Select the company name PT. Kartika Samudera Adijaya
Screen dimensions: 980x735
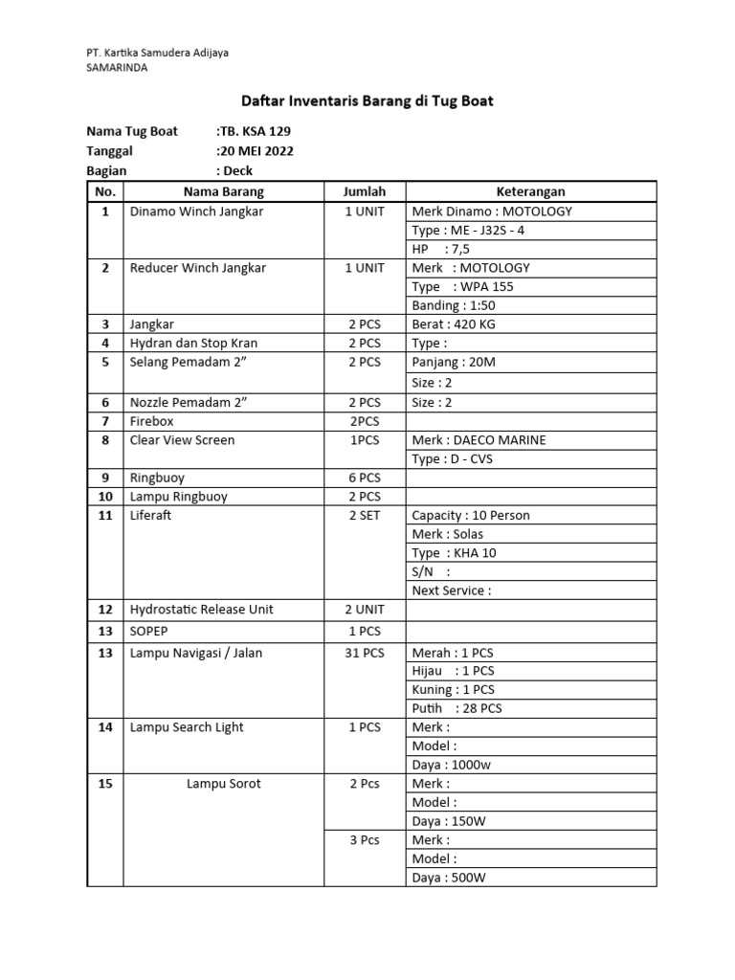158,53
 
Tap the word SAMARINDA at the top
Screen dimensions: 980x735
118,67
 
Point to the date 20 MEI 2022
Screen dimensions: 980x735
256,151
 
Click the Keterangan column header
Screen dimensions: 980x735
531,191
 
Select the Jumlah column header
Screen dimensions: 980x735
364,191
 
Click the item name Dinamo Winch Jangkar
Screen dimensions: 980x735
196,212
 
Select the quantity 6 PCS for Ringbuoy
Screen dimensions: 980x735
364,478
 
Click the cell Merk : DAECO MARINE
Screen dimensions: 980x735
479,440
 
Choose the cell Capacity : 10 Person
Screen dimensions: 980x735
470,516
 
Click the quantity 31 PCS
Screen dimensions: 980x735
364,653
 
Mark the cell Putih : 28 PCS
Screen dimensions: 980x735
457,709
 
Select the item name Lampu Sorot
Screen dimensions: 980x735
223,784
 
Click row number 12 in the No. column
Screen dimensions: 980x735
105,610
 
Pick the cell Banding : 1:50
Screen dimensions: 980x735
454,305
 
